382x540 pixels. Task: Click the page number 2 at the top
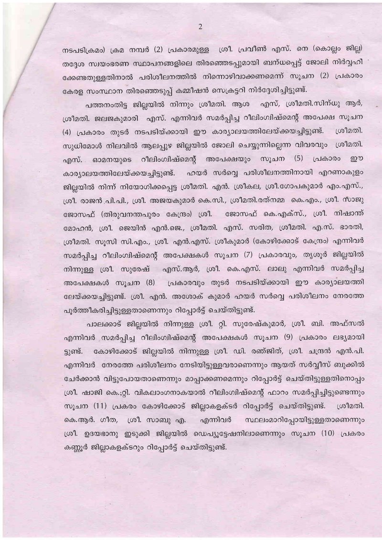pos(200,27)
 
